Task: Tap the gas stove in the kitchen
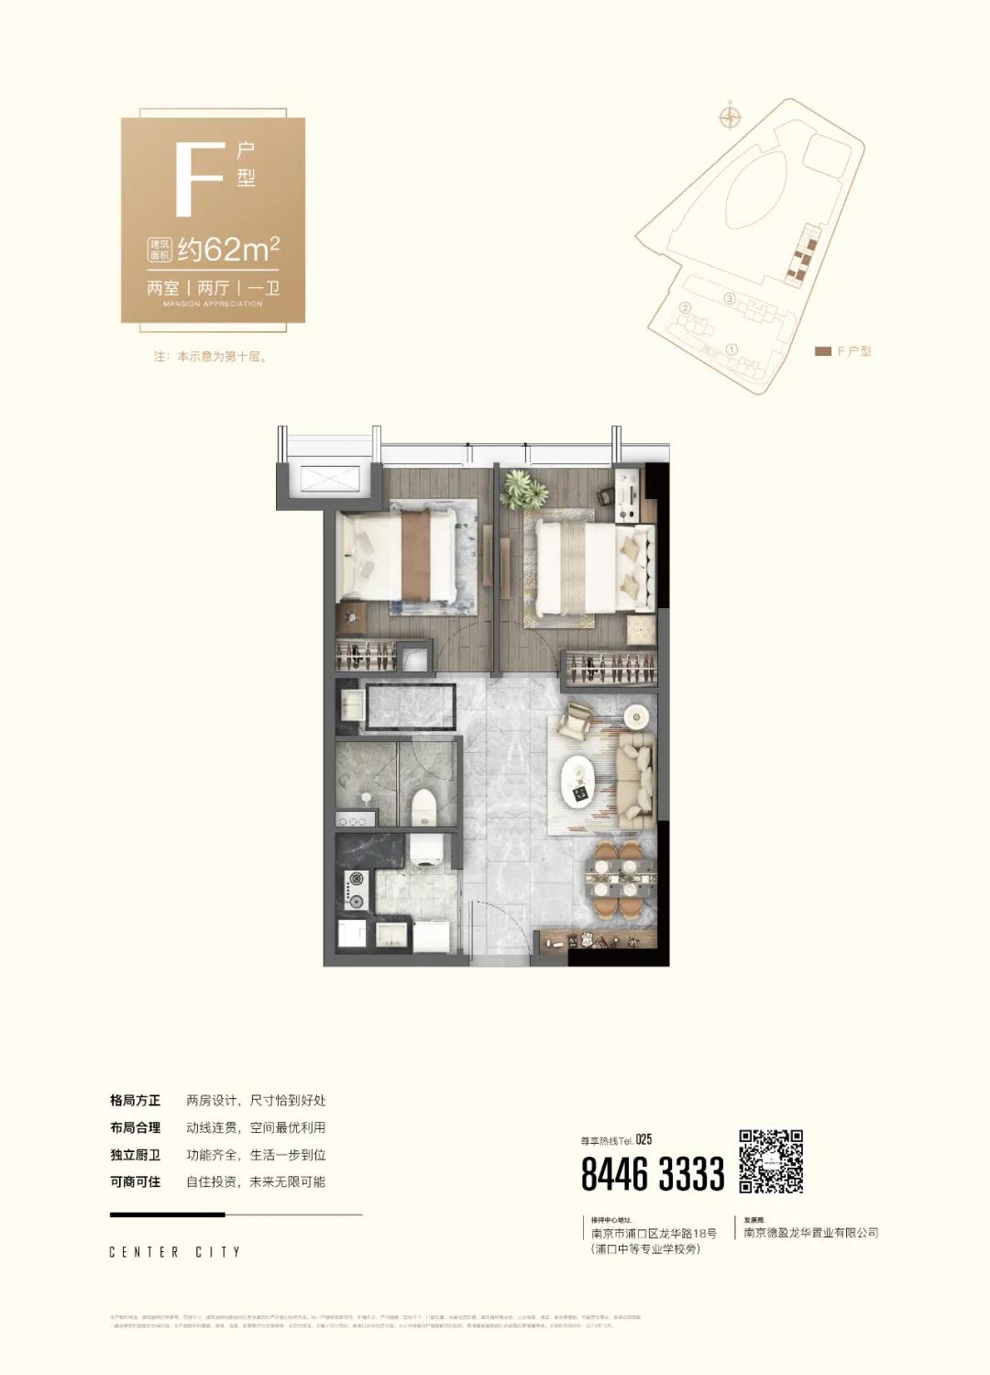[355, 889]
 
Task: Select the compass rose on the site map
[731, 116]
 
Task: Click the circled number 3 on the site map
[730, 298]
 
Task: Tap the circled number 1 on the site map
[731, 349]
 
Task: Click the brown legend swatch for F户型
[822, 351]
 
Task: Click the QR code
[771, 1160]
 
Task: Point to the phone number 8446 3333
[653, 1174]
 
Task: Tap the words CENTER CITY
[175, 1252]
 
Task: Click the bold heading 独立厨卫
[135, 1155]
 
